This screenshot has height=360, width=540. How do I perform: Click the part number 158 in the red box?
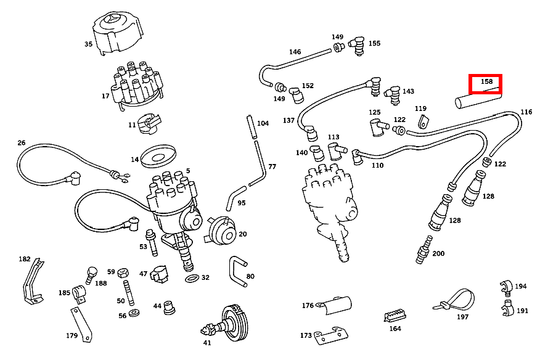(486, 82)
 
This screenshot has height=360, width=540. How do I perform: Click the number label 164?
(395, 329)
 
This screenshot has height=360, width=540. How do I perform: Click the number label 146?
(295, 52)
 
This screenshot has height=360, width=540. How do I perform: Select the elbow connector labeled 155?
(356, 45)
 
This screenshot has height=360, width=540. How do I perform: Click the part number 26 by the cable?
(22, 143)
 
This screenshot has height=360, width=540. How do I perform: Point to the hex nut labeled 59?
(122, 272)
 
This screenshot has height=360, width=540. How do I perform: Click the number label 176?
(308, 305)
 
